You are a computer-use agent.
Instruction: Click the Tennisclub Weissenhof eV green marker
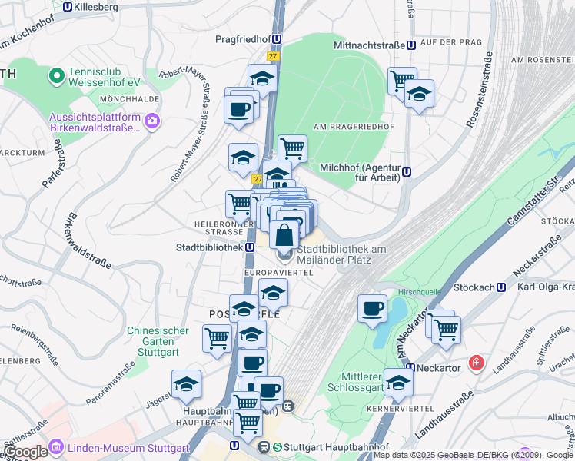tap(55, 75)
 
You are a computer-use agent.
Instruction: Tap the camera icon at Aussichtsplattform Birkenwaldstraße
tap(152, 120)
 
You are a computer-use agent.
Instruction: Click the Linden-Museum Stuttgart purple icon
tap(55, 447)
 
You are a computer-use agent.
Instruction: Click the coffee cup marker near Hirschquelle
tap(373, 310)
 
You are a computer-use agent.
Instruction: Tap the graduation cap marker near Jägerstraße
tap(186, 385)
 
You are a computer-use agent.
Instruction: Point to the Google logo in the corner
tap(25, 452)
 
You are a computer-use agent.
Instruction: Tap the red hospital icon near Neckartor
tap(477, 361)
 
